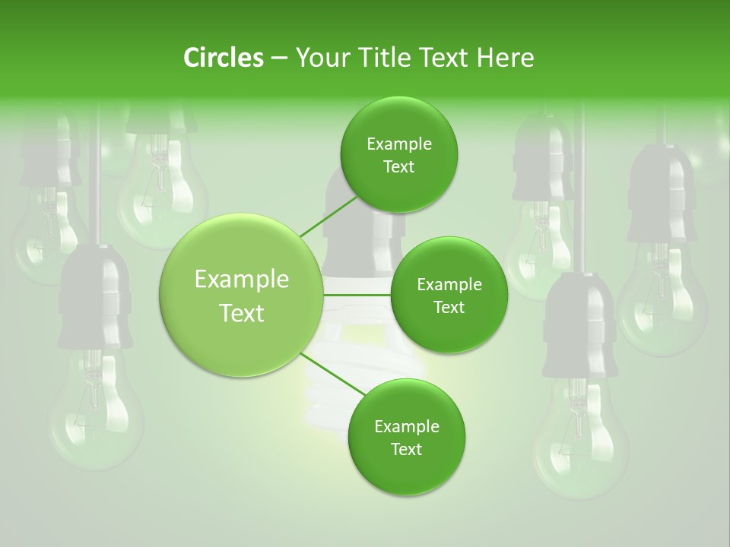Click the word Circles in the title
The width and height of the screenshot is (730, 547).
223,58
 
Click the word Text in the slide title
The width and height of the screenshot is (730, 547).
449,58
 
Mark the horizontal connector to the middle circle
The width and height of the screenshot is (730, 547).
357,295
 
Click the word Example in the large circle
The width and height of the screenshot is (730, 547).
242,280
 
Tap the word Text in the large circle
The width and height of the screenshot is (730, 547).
242,313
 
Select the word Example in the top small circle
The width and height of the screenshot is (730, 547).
399,144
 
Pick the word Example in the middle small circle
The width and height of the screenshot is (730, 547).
449,285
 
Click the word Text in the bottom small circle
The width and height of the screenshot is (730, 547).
406,449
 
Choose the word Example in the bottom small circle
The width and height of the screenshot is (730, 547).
406,426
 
